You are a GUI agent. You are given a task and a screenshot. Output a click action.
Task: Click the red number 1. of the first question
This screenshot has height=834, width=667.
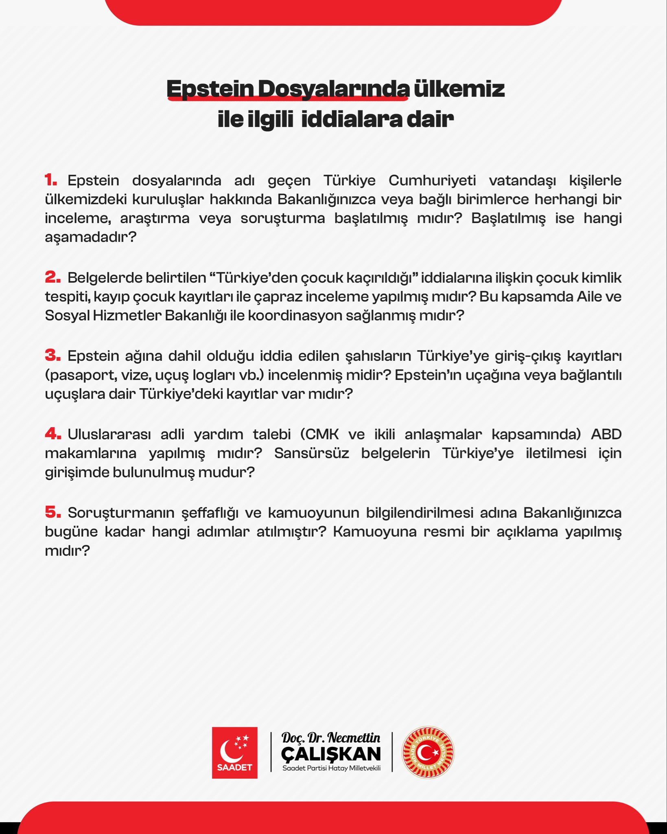point(51,180)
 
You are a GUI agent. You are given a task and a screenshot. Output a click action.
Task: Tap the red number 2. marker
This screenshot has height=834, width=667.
point(52,277)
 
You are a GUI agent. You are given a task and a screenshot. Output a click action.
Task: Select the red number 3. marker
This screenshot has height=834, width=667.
point(52,356)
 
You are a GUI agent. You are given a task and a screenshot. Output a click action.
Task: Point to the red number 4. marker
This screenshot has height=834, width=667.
point(52,434)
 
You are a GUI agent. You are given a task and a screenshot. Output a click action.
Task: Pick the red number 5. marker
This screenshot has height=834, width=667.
point(52,512)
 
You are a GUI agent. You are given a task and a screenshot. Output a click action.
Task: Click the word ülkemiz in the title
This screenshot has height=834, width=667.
point(459,89)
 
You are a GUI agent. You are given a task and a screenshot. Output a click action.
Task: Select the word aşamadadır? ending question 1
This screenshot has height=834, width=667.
point(90,237)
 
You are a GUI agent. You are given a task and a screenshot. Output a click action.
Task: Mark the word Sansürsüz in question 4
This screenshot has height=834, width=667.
point(311,453)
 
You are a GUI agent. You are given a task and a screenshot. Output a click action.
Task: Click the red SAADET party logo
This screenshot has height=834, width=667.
point(235,753)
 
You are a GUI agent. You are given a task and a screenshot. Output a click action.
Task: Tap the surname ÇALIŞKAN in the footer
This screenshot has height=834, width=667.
point(331,754)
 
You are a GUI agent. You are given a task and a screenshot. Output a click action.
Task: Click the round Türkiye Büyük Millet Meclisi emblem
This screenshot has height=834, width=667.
point(428,753)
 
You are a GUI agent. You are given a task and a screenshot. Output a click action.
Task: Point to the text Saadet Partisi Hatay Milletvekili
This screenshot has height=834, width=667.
point(331,768)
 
